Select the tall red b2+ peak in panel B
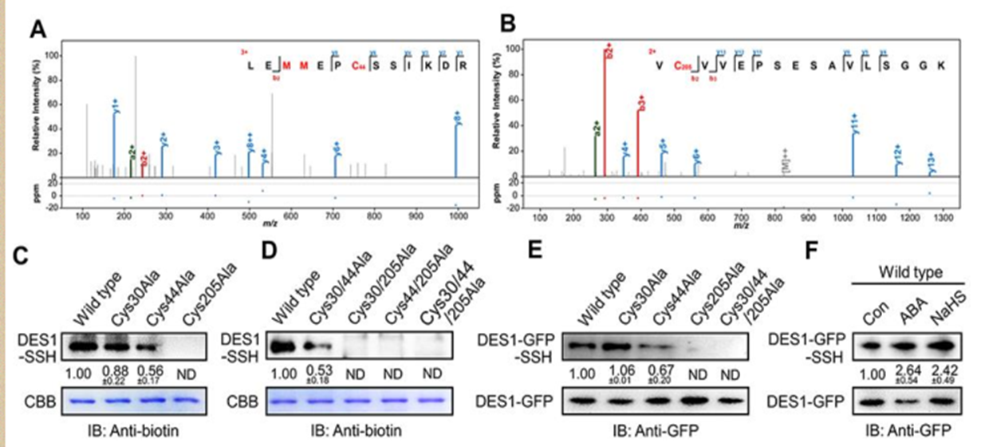(x=608, y=112)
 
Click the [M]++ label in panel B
(x=784, y=160)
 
